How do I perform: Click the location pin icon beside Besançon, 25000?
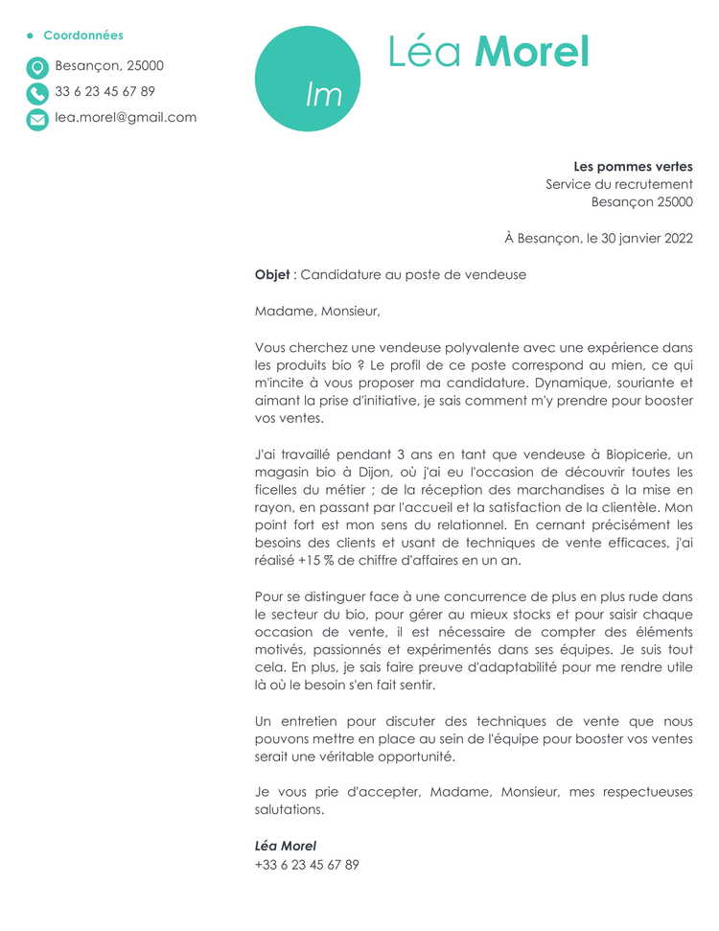coord(37,67)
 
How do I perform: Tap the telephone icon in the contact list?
coord(37,93)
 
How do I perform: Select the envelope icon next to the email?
coord(37,119)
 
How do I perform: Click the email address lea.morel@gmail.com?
coord(126,118)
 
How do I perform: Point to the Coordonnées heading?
coord(83,35)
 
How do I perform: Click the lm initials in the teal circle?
coord(323,94)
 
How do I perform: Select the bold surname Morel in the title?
coord(532,52)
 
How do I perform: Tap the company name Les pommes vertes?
coord(633,167)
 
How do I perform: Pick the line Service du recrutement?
coord(619,184)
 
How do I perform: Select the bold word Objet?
coord(272,275)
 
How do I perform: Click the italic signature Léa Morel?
coord(286,846)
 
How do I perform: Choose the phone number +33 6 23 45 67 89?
coord(307,864)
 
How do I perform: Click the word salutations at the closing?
coord(290,809)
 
